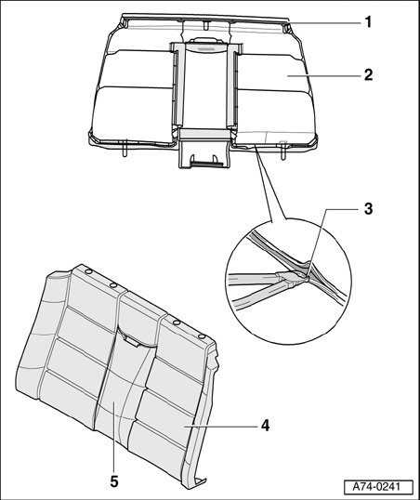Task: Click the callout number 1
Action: pyautogui.click(x=368, y=22)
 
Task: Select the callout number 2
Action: pyautogui.click(x=368, y=75)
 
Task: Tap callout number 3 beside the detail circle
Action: pyautogui.click(x=368, y=209)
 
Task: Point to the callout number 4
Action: pyautogui.click(x=266, y=426)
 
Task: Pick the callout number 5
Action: pyautogui.click(x=114, y=481)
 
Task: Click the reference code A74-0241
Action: pyautogui.click(x=378, y=487)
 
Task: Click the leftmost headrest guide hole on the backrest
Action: pyautogui.click(x=88, y=271)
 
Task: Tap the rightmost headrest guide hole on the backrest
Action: pyautogui.click(x=201, y=336)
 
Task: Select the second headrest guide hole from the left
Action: pyautogui.click(x=112, y=284)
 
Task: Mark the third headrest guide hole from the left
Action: pyautogui.click(x=176, y=323)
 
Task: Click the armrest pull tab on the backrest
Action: pyautogui.click(x=131, y=340)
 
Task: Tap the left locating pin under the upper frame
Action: pyautogui.click(x=125, y=148)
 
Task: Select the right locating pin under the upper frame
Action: pyautogui.click(x=282, y=150)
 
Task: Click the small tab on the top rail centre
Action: pyautogui.click(x=206, y=24)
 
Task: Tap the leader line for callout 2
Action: pyautogui.click(x=322, y=75)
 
